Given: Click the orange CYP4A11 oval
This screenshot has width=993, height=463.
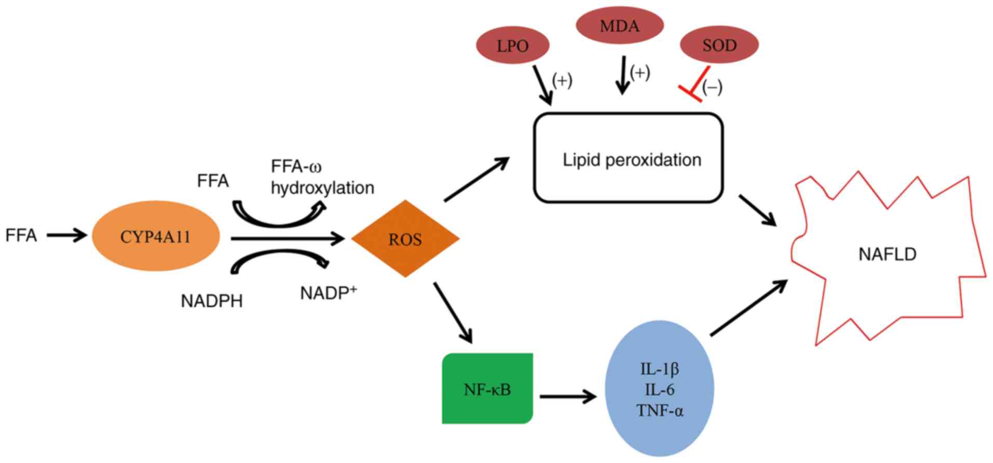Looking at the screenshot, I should coord(156,236).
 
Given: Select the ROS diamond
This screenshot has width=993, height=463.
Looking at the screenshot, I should coord(405,239).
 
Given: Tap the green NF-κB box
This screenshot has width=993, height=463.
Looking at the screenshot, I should coord(487,389).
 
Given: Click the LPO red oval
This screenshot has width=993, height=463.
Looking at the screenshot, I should coord(512,46).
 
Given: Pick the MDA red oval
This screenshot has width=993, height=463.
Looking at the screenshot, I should coord(619,25).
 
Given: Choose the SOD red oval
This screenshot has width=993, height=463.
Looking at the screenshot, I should coord(719,45).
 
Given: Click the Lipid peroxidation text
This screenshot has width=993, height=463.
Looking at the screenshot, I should coord(632,160).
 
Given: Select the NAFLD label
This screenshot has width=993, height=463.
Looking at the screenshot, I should coord(887,254).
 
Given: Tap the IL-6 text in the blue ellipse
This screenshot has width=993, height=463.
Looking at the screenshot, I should coord(659,390).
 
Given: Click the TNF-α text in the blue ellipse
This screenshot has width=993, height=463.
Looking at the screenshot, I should coord(660,411).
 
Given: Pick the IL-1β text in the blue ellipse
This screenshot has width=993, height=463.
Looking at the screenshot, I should coord(659,369).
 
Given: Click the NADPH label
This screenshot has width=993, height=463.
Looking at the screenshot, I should coord(212,301).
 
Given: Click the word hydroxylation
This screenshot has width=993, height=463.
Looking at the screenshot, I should coord(322,188).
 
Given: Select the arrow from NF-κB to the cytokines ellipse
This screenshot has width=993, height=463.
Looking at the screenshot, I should coord(568,397).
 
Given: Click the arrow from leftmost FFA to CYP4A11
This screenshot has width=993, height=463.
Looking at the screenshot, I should coord(66,235).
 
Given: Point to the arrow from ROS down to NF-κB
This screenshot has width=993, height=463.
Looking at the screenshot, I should coord(453,312).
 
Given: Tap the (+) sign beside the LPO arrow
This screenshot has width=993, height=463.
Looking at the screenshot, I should coord(562,81).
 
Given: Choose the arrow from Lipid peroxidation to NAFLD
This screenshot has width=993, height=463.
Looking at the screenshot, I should coord(757,210).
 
